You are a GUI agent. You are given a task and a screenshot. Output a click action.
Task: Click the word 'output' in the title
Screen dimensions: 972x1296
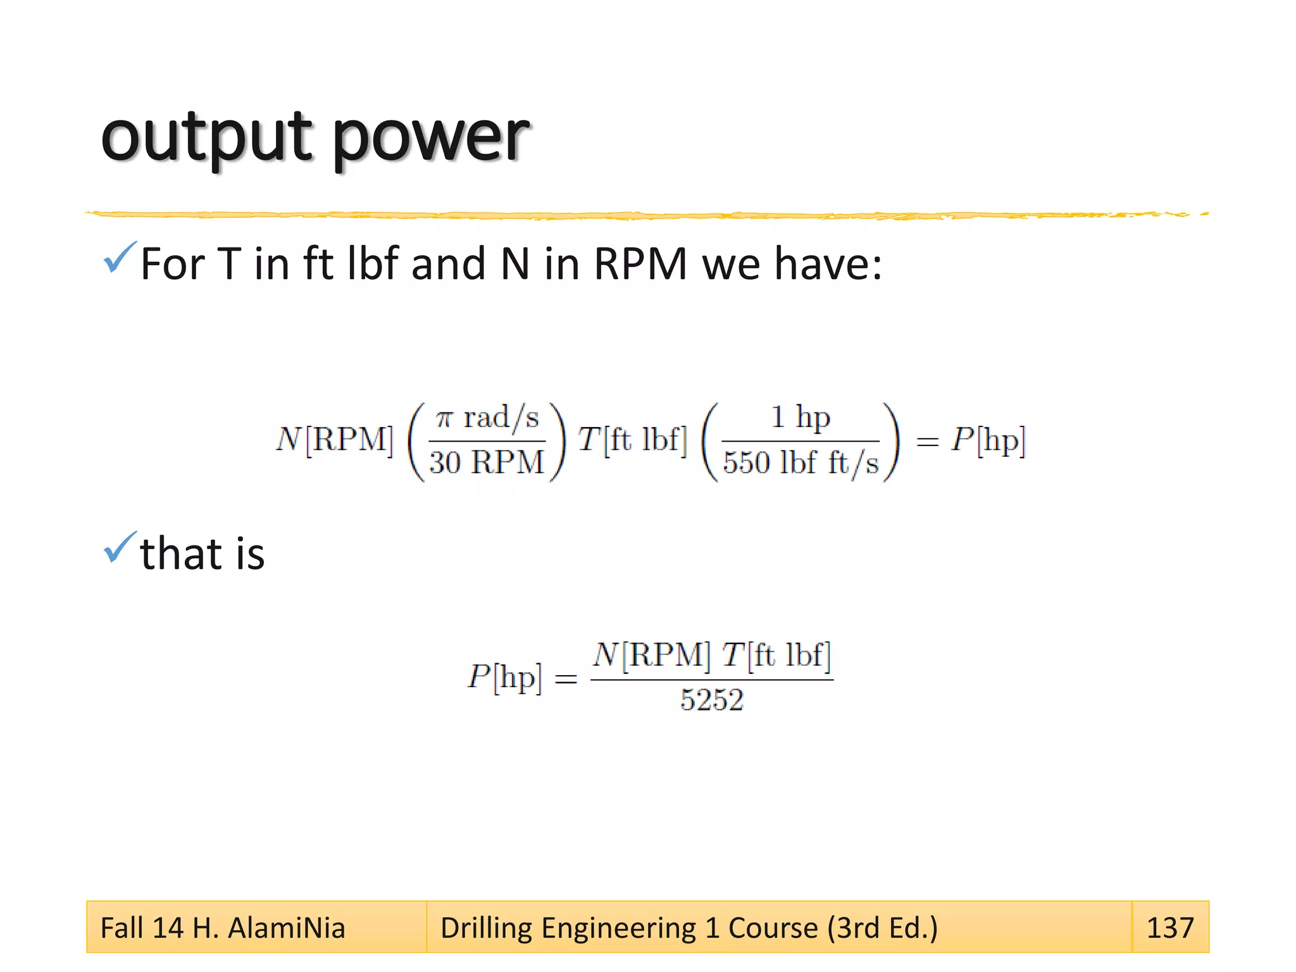tap(206, 136)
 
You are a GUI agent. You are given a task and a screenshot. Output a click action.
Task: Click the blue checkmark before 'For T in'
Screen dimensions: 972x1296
tap(119, 258)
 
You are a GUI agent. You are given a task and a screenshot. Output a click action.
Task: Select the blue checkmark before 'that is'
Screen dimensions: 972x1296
tap(119, 547)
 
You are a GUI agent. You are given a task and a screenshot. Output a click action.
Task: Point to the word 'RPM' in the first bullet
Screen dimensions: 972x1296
tap(640, 264)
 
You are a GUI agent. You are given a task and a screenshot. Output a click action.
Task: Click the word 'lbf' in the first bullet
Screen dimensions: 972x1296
tap(373, 264)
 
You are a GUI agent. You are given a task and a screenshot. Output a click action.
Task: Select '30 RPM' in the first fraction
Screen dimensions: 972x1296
tap(486, 462)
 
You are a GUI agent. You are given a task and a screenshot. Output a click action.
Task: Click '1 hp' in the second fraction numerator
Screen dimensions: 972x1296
tap(800, 418)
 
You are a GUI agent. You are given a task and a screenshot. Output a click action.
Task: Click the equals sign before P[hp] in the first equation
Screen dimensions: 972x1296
tap(927, 442)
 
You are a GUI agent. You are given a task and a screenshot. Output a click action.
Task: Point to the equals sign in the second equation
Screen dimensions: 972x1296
tap(566, 680)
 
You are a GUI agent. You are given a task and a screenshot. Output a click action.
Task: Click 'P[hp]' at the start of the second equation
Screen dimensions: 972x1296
tap(505, 678)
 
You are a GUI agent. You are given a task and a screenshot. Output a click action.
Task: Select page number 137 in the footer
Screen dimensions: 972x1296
tap(1169, 928)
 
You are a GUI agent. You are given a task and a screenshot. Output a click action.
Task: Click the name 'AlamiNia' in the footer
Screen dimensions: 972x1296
tap(286, 928)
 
